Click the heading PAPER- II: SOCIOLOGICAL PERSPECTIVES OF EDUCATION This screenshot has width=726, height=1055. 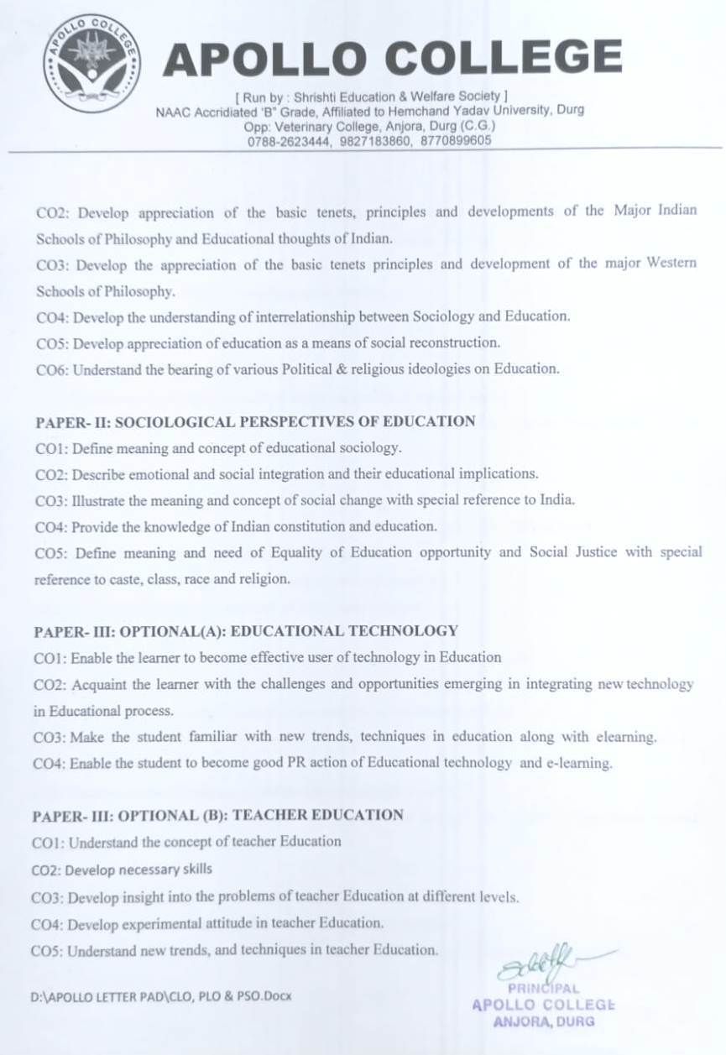[255, 421]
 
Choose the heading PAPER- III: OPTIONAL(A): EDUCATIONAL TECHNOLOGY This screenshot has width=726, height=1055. [246, 630]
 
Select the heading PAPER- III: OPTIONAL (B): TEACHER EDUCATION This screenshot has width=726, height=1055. [218, 815]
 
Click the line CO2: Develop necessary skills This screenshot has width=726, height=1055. [122, 869]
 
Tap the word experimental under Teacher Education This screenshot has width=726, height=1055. [180, 924]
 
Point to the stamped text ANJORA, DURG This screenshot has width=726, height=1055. [544, 1021]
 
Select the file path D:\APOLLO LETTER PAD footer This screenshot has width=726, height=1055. [159, 996]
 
